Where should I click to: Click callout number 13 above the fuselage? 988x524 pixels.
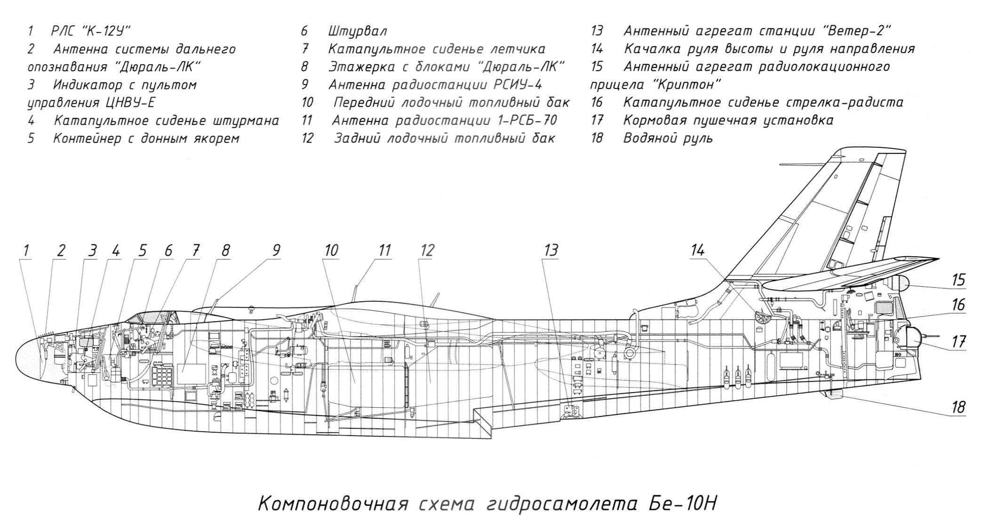click(x=551, y=250)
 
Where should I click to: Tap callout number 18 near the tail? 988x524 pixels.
click(x=958, y=407)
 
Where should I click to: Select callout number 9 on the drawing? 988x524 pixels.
click(x=276, y=250)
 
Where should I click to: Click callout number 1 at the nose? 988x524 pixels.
click(x=26, y=250)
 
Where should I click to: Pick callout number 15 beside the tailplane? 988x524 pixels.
click(x=958, y=280)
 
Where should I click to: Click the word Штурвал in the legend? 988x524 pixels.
click(x=357, y=32)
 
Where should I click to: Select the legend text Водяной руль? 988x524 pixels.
click(x=668, y=138)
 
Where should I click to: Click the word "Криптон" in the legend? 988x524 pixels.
click(x=687, y=85)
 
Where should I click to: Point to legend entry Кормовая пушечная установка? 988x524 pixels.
click(x=728, y=121)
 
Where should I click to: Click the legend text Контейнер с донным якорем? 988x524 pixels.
click(x=146, y=138)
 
